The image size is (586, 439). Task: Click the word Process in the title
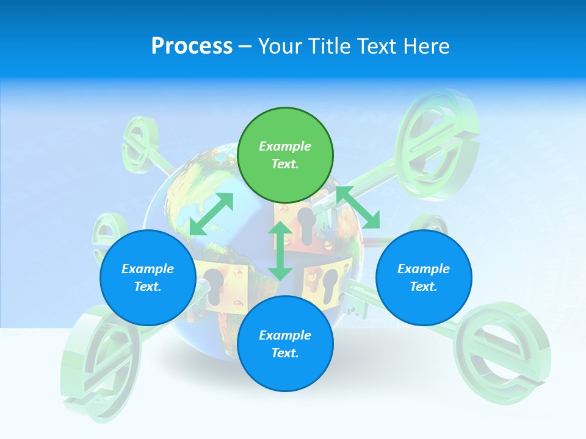coord(192,46)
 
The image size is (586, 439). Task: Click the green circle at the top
coord(285,155)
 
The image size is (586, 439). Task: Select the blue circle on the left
coord(148,277)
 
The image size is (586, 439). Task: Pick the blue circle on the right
coord(424,277)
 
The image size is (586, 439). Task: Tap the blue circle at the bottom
coord(285,344)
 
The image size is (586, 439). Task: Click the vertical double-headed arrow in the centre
coord(280,251)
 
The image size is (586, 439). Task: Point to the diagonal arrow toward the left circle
coord(211,213)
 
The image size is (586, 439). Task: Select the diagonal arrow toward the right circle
coord(358,207)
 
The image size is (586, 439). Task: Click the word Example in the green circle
coord(285,146)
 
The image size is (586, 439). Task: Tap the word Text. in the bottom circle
coord(285,353)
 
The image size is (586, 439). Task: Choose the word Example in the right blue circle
coord(424,269)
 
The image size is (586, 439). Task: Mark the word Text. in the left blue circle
coord(148,287)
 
